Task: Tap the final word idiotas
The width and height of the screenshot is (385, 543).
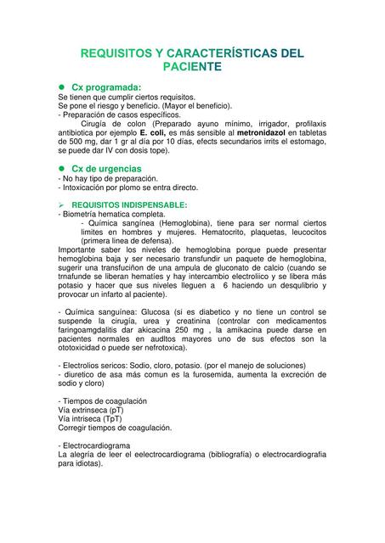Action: pos(84,464)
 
